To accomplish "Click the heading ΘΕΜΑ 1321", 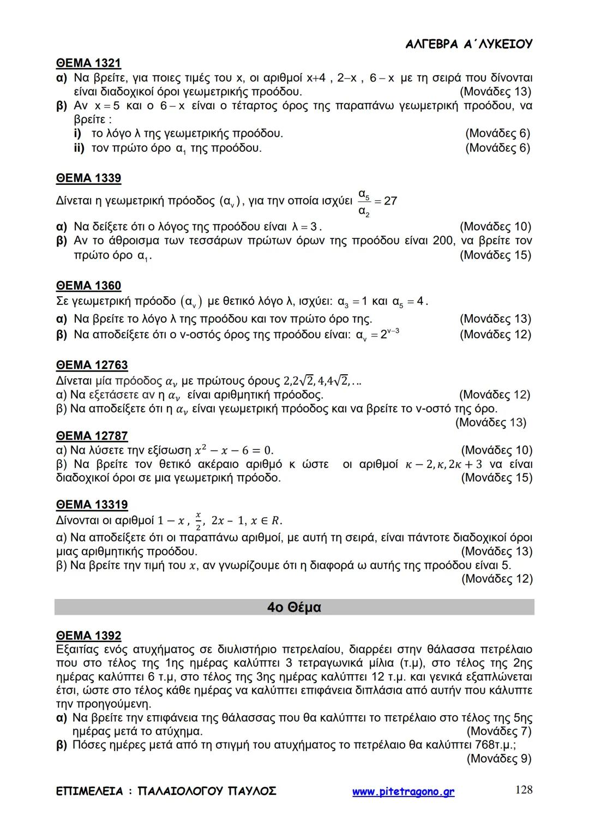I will click(x=88, y=63).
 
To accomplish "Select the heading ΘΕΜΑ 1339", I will click(x=88, y=178).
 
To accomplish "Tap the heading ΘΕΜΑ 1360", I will click(x=88, y=286).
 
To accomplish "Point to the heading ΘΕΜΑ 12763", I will click(x=92, y=365).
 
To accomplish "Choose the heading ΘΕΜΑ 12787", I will click(x=92, y=436).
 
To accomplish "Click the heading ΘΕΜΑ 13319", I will click(x=92, y=505).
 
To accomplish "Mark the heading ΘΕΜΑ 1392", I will click(x=88, y=636).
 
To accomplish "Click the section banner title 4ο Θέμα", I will click(x=294, y=607).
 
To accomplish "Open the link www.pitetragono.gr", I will click(x=403, y=792).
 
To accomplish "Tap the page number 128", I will click(x=524, y=790).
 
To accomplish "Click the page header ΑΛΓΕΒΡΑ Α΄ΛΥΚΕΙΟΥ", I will click(x=469, y=45).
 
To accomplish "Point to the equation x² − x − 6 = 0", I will click(x=233, y=451).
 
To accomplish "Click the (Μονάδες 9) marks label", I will click(x=499, y=758).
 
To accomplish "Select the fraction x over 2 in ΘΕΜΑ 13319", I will click(x=198, y=520).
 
